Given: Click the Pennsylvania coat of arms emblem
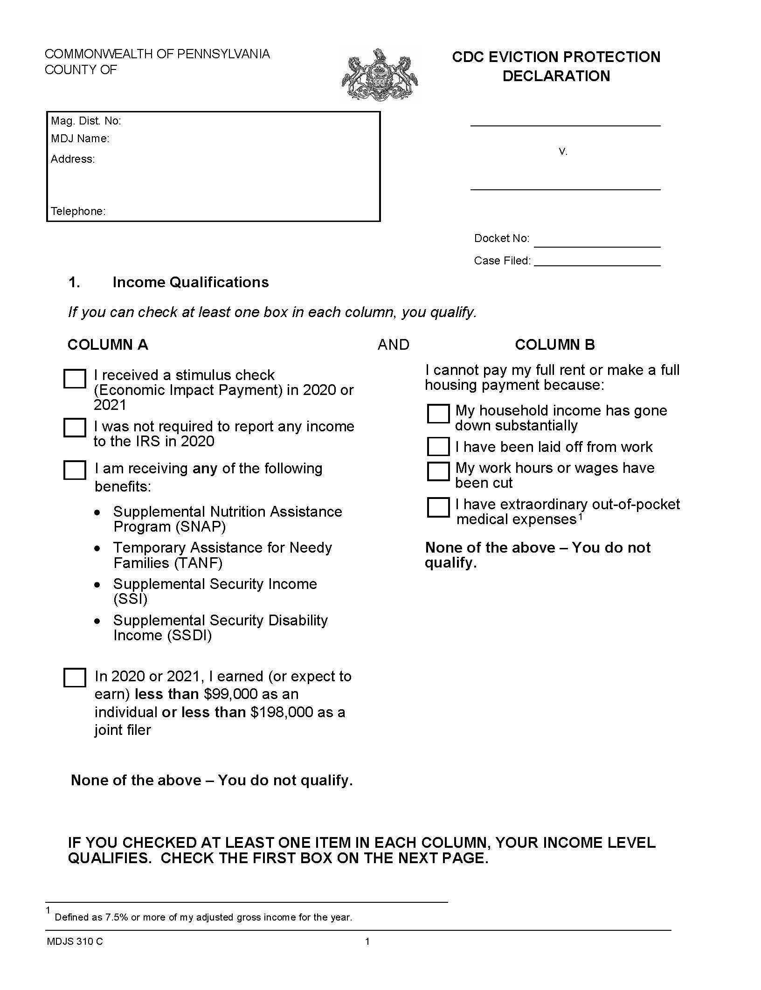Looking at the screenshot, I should point(380,75).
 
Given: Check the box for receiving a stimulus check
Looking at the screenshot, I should point(75,379).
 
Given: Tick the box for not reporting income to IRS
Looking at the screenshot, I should point(75,428).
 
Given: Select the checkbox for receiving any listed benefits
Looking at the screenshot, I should point(75,470).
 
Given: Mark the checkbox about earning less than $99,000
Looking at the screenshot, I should point(75,678).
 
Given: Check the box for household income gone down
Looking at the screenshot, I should point(438,414).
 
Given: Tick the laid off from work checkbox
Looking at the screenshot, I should point(438,447).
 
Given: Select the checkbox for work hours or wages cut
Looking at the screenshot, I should point(438,471).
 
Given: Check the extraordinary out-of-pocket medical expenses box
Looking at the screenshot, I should point(438,508).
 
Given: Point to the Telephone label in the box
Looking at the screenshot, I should point(78,211).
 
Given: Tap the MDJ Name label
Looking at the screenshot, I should point(80,138).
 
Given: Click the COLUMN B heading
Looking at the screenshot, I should point(554,345).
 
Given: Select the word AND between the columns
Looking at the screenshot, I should point(393,345).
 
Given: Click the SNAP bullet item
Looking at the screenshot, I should point(227,519).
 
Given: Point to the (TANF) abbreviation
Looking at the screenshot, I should point(198,563).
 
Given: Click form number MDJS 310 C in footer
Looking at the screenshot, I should point(75,942).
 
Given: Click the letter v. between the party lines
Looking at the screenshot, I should point(563,152).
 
